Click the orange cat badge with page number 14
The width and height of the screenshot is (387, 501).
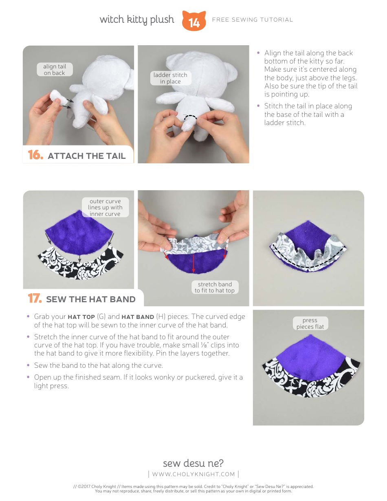pos(194,21)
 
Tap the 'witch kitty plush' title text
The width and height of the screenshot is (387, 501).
pos(137,20)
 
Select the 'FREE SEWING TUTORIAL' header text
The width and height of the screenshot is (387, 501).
pos(253,20)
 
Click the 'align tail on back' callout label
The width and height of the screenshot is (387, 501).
pos(55,70)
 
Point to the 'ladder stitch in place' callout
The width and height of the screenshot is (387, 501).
pos(170,78)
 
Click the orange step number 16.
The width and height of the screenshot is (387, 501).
pos(35,155)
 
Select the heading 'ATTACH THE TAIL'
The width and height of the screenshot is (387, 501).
pos(86,156)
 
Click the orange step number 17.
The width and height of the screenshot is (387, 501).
pos(35,299)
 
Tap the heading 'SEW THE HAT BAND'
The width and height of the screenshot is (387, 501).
pos(90,299)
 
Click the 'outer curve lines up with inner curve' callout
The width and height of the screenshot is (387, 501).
pos(105,207)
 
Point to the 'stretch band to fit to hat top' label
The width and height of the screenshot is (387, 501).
pos(215,287)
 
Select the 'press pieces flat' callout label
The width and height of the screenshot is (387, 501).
pos(310,323)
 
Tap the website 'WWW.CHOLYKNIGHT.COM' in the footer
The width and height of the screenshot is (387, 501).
pos(193,474)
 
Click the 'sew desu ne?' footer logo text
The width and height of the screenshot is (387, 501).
pos(193,463)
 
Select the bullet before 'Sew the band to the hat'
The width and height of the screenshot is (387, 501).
pos(28,365)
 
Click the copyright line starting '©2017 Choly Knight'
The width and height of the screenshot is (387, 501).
pos(193,486)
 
